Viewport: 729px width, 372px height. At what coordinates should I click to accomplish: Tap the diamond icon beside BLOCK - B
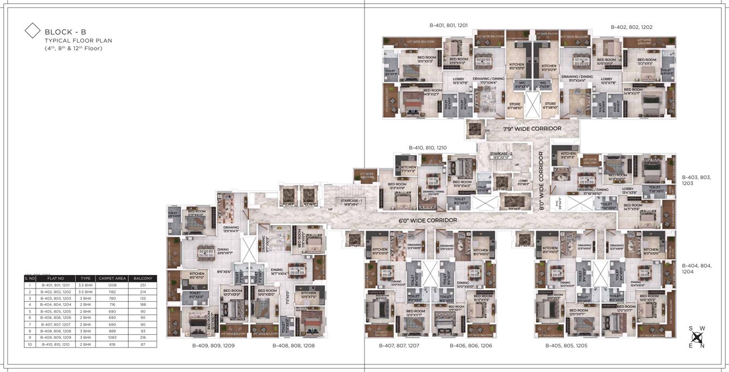click(x=33, y=31)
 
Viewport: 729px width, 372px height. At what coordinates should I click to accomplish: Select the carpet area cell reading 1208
click(x=112, y=285)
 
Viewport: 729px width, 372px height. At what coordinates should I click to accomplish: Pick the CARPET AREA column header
click(x=112, y=278)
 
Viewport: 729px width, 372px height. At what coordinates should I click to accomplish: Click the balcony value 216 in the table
click(x=142, y=338)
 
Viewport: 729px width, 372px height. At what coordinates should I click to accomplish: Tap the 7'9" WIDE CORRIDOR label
click(x=532, y=128)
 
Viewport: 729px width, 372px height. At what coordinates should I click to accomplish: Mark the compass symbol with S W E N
click(x=696, y=337)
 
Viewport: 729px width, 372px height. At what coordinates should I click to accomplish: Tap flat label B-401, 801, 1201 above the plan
click(x=448, y=26)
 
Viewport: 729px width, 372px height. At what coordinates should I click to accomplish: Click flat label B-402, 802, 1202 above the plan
click(x=631, y=27)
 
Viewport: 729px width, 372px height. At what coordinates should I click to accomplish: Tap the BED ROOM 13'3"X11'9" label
click(x=397, y=186)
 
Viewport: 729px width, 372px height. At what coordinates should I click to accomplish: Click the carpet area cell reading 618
click(x=112, y=344)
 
